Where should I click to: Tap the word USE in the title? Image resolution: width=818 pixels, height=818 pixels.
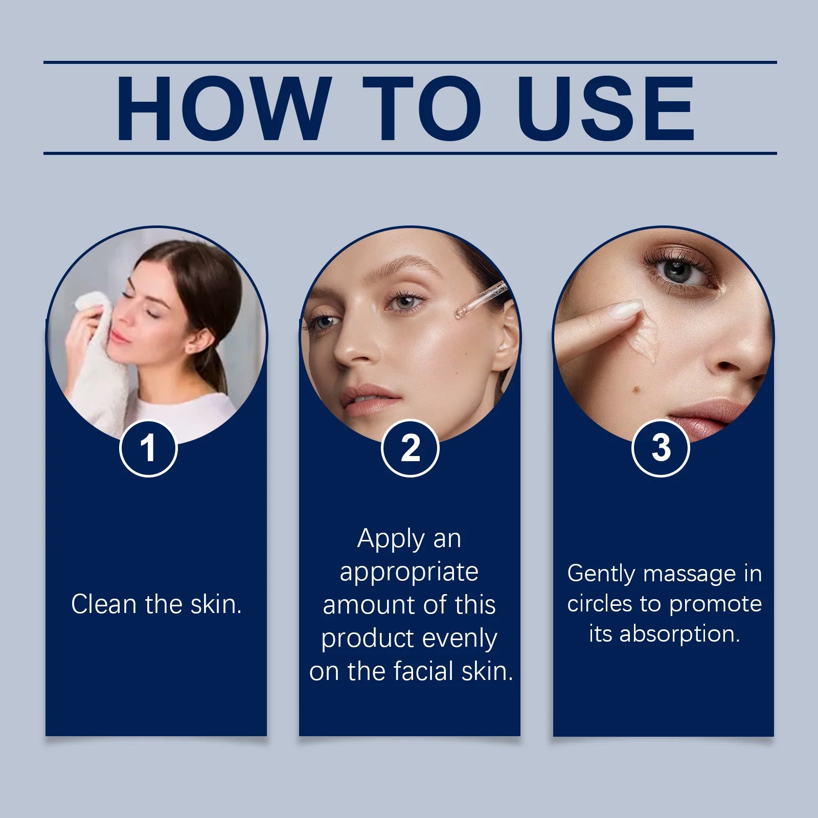(605, 108)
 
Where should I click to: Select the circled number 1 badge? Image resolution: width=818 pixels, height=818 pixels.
(148, 448)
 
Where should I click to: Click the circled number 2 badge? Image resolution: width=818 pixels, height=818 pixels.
(410, 448)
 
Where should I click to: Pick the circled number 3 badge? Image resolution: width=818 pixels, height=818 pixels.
(661, 448)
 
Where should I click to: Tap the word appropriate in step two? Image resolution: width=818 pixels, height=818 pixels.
(409, 572)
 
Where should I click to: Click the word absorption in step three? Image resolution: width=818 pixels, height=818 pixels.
(679, 634)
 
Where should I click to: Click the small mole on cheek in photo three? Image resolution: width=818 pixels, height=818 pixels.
(637, 391)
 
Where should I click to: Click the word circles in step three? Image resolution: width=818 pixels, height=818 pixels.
(600, 604)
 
